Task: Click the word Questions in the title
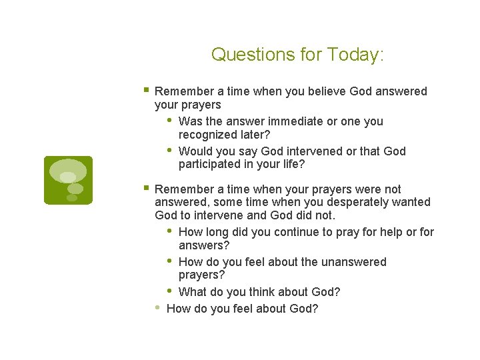[243, 55]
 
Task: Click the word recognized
[207, 135]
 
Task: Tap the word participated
[210, 164]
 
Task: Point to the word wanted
[411, 202]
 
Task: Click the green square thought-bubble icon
[68, 180]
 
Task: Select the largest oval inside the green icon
[68, 170]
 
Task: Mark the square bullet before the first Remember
[146, 90]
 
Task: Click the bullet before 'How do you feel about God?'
[157, 307]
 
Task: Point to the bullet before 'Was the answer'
[169, 121]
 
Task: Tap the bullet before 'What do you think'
[169, 291]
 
